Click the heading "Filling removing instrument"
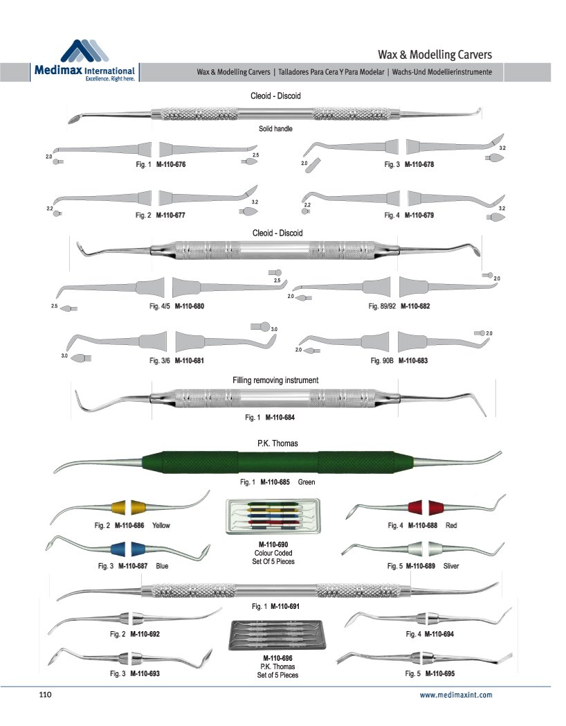tap(275, 380)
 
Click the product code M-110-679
tap(420, 215)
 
